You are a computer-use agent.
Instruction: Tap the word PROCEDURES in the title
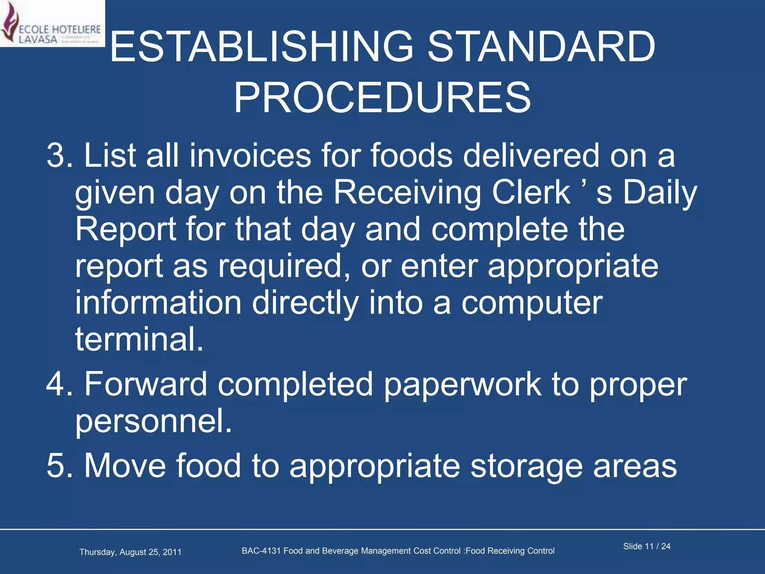click(382, 98)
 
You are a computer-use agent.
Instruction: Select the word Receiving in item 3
click(407, 193)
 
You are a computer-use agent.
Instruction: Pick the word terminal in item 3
click(139, 339)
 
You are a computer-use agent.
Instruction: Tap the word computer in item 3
click(532, 303)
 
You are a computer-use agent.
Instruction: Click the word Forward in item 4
click(146, 384)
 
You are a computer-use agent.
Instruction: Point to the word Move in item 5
click(125, 466)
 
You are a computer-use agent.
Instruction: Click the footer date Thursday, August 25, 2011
click(130, 552)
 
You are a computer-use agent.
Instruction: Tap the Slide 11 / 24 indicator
click(647, 546)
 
